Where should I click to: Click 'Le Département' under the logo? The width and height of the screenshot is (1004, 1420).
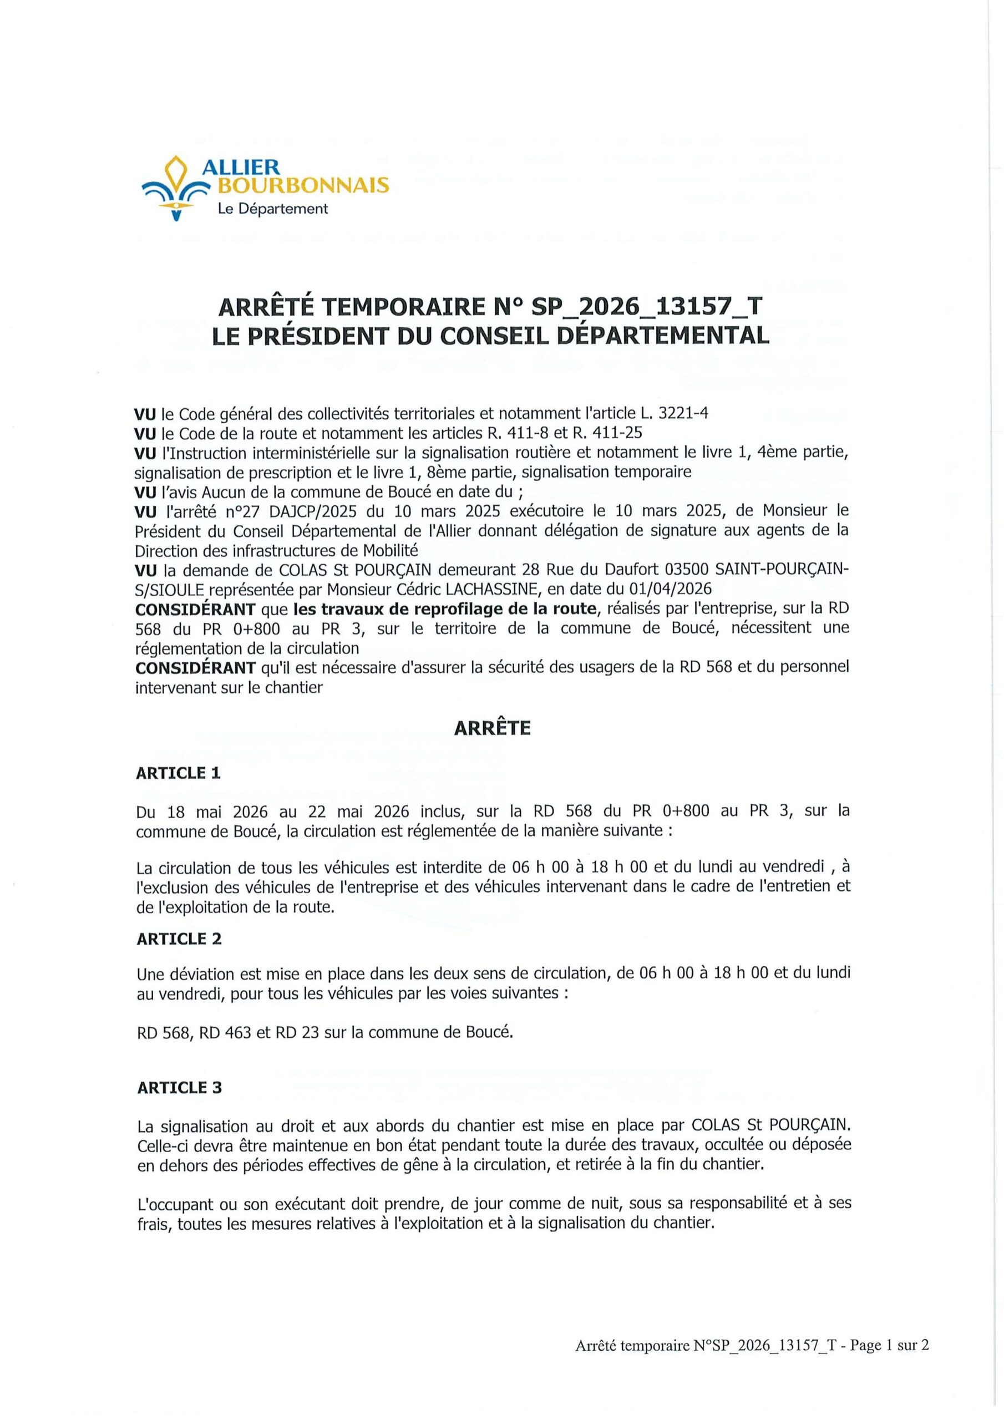(x=272, y=209)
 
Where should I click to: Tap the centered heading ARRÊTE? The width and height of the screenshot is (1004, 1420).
(x=492, y=728)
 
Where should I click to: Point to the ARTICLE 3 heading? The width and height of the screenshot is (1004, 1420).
(x=179, y=1088)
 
